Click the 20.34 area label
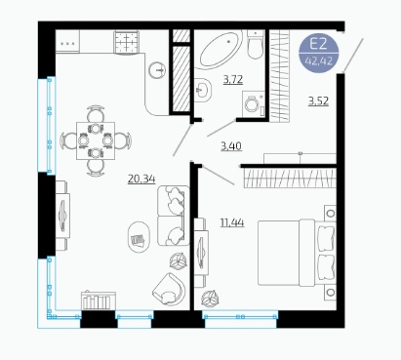[141, 179]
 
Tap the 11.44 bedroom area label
[232, 222]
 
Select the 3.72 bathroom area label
[233, 79]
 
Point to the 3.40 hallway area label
[231, 146]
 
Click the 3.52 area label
[319, 101]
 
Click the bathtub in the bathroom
[221, 50]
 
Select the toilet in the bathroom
[255, 45]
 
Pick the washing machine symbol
[254, 103]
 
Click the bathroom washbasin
[202, 89]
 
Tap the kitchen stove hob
[126, 42]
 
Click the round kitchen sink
[157, 69]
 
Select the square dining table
[96, 140]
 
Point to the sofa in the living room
[174, 216]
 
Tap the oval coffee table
[139, 237]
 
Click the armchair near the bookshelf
[169, 289]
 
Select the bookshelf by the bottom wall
[99, 300]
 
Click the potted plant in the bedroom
[210, 299]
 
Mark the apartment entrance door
[353, 55]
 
